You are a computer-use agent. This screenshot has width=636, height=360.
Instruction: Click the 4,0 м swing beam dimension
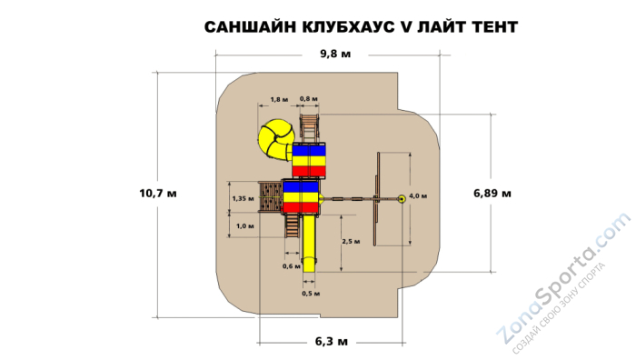click(418, 195)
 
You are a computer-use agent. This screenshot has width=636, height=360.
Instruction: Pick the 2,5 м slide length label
click(352, 241)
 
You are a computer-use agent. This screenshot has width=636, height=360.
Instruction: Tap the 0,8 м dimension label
click(309, 98)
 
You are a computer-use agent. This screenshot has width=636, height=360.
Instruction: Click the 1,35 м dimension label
click(241, 197)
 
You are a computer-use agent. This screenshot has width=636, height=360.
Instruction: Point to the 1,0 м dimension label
click(243, 225)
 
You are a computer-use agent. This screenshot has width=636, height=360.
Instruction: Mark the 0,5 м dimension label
click(311, 293)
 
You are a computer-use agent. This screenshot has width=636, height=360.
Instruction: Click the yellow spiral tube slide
click(273, 140)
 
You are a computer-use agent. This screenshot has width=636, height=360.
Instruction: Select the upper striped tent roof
click(309, 159)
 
